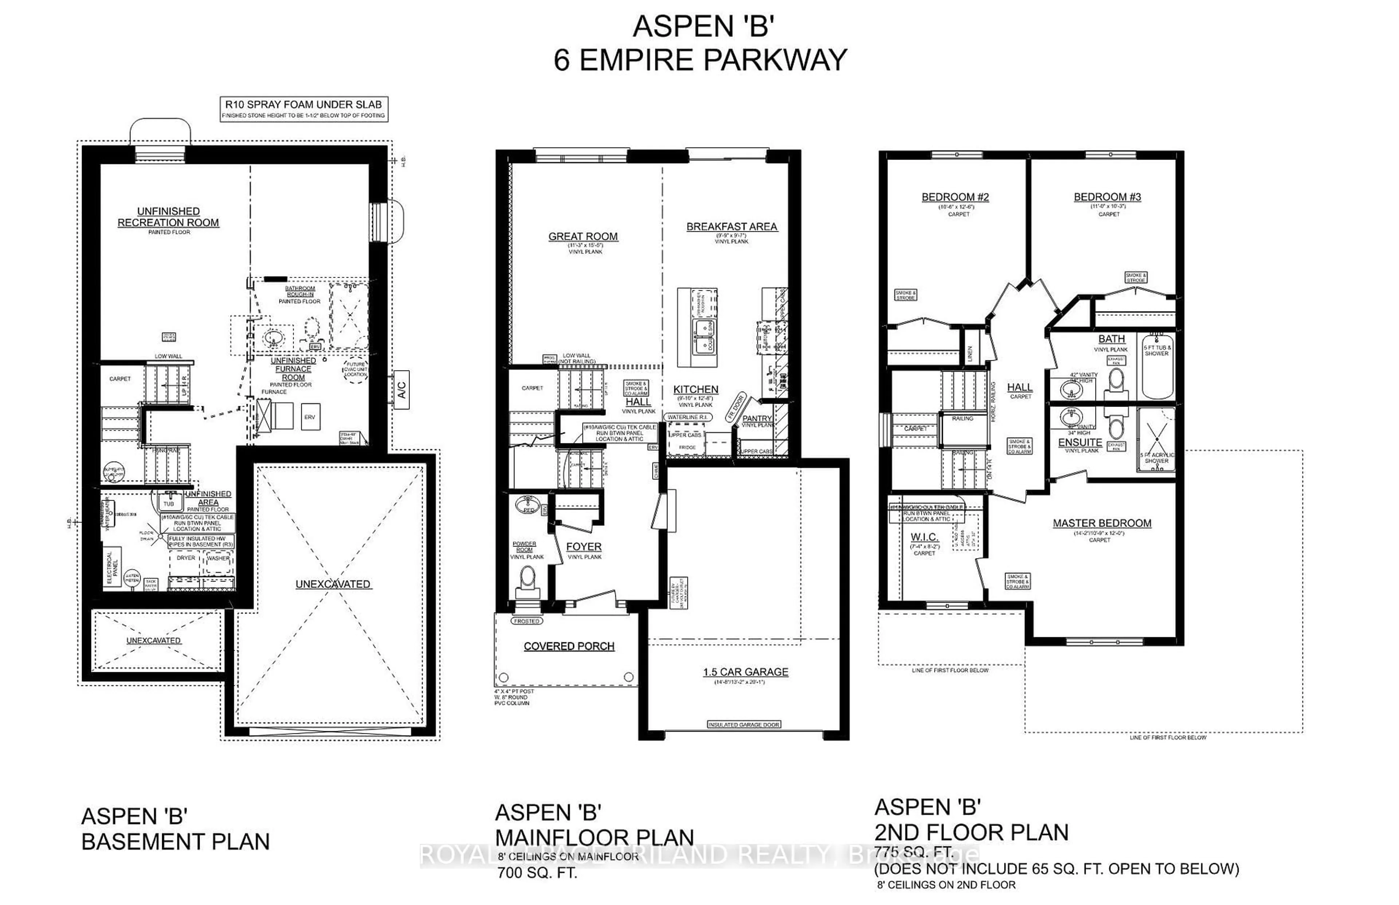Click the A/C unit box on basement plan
click(x=401, y=389)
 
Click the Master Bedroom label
click(x=1102, y=524)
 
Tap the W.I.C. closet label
click(x=924, y=537)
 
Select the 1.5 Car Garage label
click(x=746, y=672)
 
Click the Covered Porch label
click(x=569, y=646)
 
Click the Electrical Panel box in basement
click(x=113, y=567)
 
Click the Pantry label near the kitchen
click(x=757, y=418)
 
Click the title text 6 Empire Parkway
click(x=700, y=60)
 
